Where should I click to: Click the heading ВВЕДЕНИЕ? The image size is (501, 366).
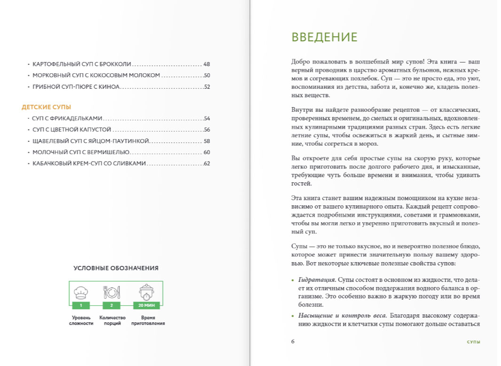[x=324, y=37]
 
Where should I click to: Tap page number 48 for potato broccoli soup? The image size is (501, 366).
[x=206, y=64]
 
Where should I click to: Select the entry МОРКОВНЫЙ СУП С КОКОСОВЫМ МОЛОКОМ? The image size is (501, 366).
[x=96, y=75]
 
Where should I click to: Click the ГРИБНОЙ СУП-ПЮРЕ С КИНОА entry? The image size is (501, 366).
[x=76, y=86]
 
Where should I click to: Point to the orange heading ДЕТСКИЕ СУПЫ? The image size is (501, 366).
[x=46, y=107]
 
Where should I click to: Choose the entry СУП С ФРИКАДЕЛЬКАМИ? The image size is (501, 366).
[x=68, y=118]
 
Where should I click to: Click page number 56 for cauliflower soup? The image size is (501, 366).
[x=206, y=130]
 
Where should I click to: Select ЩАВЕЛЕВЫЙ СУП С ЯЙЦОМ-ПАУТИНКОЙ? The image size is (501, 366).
[x=91, y=141]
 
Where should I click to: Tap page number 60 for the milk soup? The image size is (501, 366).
[x=206, y=152]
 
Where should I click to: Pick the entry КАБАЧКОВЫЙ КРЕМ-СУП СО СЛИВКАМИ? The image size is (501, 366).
[x=89, y=164]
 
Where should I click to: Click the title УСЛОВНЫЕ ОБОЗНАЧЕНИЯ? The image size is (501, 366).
[x=116, y=268]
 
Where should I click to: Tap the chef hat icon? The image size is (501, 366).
[x=81, y=292]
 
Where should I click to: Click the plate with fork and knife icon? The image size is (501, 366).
[x=112, y=292]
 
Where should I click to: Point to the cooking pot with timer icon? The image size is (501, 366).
[x=146, y=292]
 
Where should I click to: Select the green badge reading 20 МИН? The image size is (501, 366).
[x=146, y=305]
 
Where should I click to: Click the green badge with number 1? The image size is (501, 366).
[x=81, y=305]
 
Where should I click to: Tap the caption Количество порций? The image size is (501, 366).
[x=112, y=320]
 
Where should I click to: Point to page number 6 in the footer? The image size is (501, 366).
[x=293, y=342]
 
